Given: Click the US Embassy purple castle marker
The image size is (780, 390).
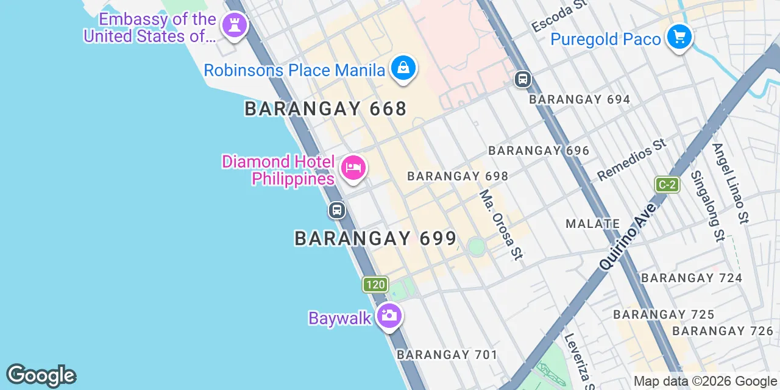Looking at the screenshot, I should click(x=234, y=26).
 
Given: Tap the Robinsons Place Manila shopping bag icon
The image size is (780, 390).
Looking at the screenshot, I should click(x=403, y=68).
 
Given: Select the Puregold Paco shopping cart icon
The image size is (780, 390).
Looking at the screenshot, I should click(x=679, y=38).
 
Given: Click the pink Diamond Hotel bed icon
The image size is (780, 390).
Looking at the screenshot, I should click(x=353, y=168).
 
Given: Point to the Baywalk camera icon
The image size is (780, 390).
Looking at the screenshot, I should click(x=389, y=316).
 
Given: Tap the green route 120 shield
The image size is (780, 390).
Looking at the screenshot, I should click(x=375, y=284).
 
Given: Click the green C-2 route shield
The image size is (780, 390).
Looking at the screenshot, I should click(x=667, y=184).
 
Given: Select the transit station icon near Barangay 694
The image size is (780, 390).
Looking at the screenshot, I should click(x=522, y=79).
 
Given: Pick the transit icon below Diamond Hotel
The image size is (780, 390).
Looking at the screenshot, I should click(x=336, y=211).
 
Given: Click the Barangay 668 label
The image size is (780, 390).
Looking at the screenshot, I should click(x=325, y=109).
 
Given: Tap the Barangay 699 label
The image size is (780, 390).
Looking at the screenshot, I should click(x=375, y=238).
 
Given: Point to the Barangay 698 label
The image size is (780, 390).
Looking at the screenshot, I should click(x=458, y=176).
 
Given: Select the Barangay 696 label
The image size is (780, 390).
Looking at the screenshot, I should click(x=539, y=151).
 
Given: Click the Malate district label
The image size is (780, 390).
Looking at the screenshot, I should click(x=592, y=224).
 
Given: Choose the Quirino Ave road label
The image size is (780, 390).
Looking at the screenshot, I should click(x=628, y=236).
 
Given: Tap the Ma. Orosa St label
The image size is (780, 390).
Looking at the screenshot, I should click(x=501, y=224).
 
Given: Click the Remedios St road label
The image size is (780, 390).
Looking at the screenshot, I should click(x=631, y=160).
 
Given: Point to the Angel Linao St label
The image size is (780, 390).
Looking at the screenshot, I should click(x=730, y=182).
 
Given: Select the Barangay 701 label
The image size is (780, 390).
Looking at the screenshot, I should click(x=447, y=354).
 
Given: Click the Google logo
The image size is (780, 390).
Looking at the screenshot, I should click(x=41, y=375).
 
